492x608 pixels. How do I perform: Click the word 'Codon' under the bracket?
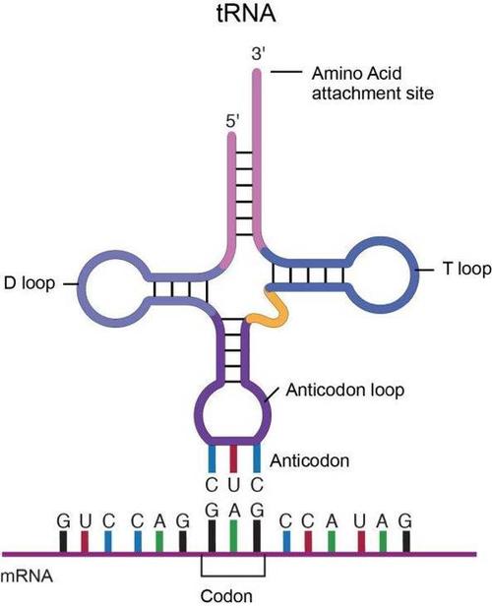[234, 595]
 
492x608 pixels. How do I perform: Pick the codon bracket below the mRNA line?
[234, 570]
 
